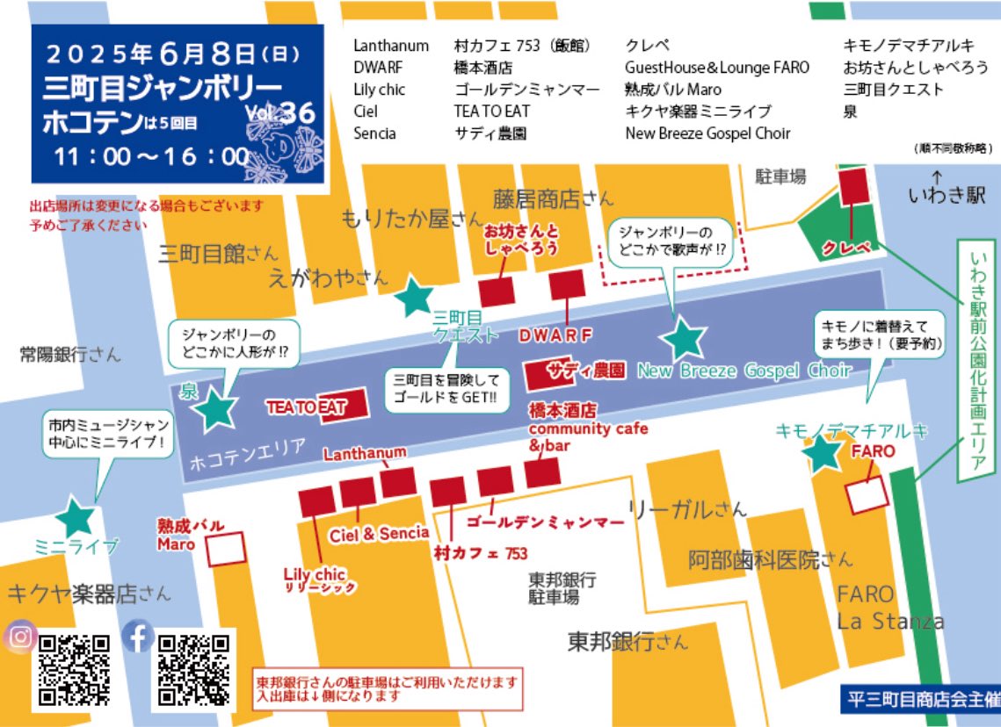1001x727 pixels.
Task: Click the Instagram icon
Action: (x=19, y=637)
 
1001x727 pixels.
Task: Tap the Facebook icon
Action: (x=138, y=637)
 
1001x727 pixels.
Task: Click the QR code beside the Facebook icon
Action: (x=193, y=669)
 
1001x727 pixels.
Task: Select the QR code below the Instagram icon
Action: (x=75, y=669)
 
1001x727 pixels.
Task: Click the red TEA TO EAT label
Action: (x=306, y=407)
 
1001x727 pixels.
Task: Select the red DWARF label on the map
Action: (x=555, y=335)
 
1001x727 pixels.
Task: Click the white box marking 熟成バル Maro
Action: (x=226, y=550)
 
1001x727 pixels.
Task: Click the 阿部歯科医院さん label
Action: (x=770, y=558)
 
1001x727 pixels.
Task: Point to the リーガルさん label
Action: (x=688, y=507)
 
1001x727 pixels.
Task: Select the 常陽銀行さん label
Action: (x=71, y=355)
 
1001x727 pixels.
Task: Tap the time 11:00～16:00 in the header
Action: (x=150, y=156)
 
